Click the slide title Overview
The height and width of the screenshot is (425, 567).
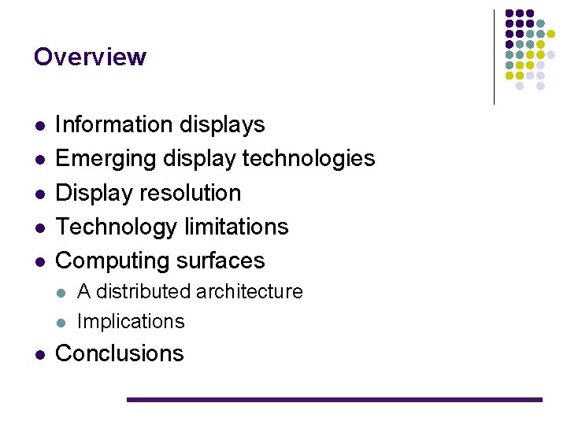(90, 57)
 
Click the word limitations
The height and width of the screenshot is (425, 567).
(235, 227)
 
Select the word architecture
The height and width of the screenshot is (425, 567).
(250, 292)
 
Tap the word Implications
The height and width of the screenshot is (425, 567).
(131, 321)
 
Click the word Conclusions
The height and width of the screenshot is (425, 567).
(119, 353)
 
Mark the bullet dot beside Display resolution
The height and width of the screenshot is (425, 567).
(39, 194)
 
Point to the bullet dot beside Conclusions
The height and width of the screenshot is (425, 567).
(39, 354)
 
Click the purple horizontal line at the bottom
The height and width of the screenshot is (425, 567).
(335, 400)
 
